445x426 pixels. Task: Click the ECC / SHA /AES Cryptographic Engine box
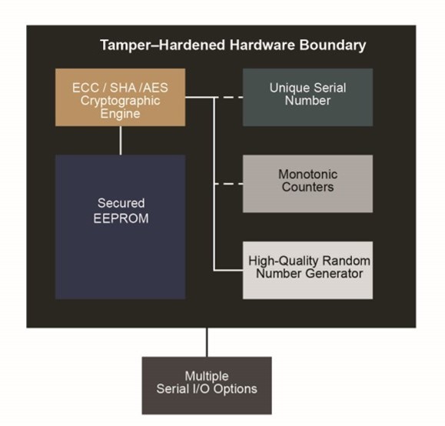pyautogui.click(x=121, y=98)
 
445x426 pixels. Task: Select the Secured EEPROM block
pyautogui.click(x=120, y=227)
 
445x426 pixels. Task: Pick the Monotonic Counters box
pyautogui.click(x=307, y=184)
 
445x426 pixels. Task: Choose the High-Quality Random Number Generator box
pyautogui.click(x=307, y=270)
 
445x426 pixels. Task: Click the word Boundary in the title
pyautogui.click(x=334, y=45)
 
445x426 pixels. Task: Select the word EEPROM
pyautogui.click(x=120, y=218)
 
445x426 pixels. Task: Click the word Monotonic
pyautogui.click(x=307, y=175)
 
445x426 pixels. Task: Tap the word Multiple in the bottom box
pyautogui.click(x=207, y=376)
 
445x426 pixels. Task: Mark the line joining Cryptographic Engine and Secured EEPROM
pyautogui.click(x=121, y=140)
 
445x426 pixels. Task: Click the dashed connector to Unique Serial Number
pyautogui.click(x=229, y=98)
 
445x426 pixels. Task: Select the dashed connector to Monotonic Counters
pyautogui.click(x=229, y=184)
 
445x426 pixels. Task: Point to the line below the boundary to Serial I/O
pyautogui.click(x=207, y=342)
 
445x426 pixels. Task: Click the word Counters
pyautogui.click(x=307, y=188)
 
